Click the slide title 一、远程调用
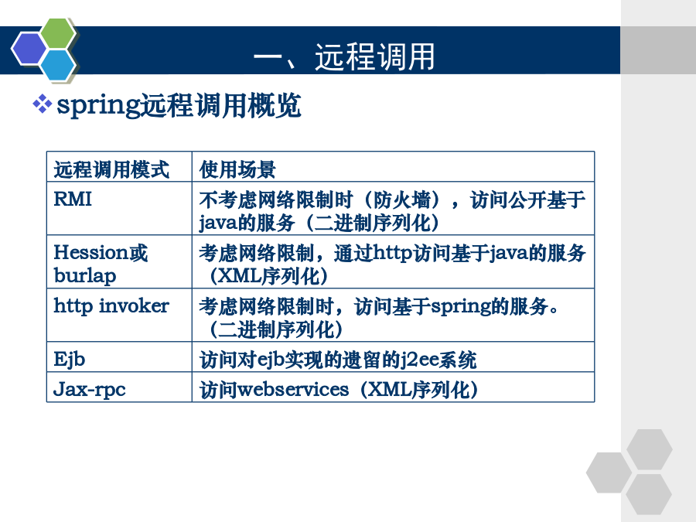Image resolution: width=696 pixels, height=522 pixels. click(344, 56)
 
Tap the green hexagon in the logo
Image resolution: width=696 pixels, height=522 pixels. click(59, 32)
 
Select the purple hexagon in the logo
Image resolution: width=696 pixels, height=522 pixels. click(29, 49)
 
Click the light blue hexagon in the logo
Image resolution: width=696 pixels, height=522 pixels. click(59, 65)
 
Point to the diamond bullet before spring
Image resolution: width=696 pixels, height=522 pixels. click(43, 104)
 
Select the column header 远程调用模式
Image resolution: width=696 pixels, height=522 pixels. click(111, 169)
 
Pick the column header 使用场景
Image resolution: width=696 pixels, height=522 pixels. click(237, 169)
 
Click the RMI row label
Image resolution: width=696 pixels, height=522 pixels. click(73, 200)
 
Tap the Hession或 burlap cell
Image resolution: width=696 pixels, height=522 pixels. click(101, 264)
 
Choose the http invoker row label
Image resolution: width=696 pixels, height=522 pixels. click(111, 306)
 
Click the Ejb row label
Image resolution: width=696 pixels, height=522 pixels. click(70, 360)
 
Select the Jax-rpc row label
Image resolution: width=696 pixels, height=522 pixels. click(90, 390)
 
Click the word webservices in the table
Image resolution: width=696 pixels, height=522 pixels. click(293, 390)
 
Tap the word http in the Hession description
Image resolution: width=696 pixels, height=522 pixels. click(393, 254)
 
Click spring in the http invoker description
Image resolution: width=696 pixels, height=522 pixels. click(461, 307)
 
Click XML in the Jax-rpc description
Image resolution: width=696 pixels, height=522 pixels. click(390, 390)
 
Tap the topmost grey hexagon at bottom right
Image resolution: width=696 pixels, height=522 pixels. click(650, 449)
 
